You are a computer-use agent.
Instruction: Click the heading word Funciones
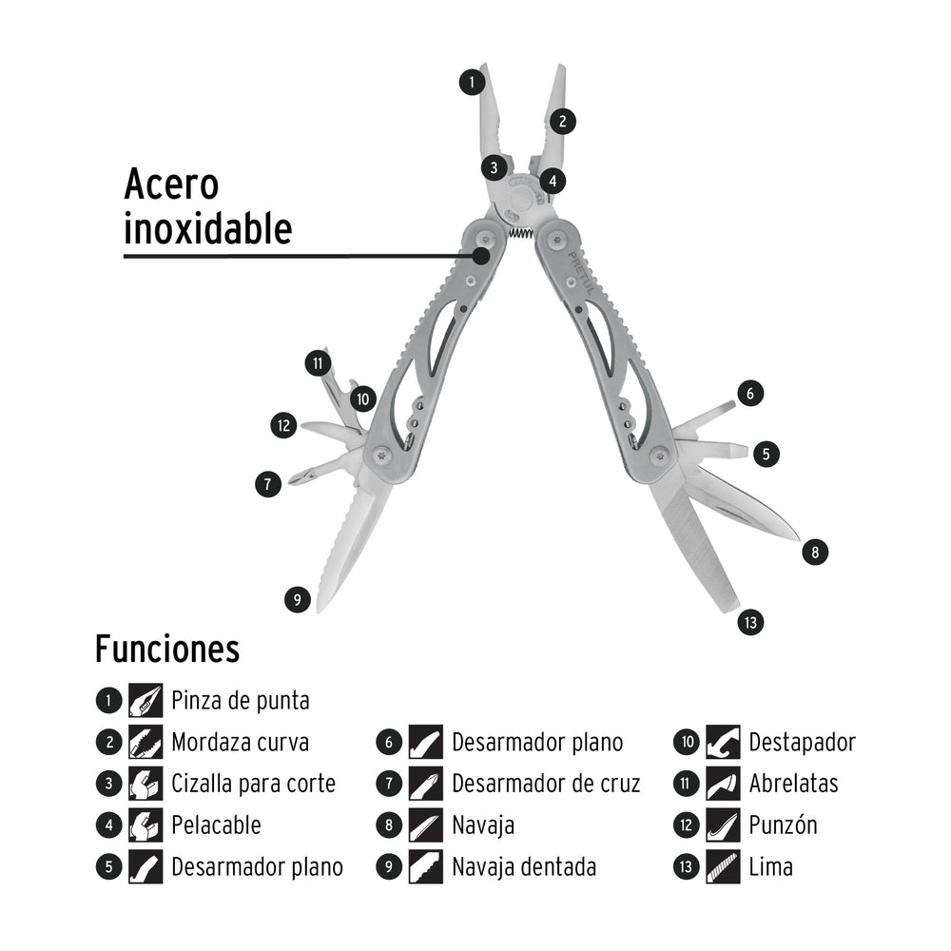(x=166, y=650)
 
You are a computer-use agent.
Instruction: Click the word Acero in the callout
(x=171, y=184)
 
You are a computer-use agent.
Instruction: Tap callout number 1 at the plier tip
(x=471, y=82)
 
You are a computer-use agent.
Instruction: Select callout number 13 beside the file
(x=750, y=623)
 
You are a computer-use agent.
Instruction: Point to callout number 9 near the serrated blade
(x=298, y=599)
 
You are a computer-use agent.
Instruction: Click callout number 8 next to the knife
(x=815, y=551)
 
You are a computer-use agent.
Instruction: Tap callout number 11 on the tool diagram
(x=317, y=362)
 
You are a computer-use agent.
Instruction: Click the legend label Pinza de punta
(x=241, y=702)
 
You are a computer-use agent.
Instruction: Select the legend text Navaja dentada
(x=524, y=867)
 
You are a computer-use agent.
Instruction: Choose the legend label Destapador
(x=802, y=743)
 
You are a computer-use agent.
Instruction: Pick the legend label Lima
(x=770, y=867)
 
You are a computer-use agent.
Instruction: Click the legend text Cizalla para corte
(x=253, y=785)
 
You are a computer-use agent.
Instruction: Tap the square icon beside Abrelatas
(x=723, y=785)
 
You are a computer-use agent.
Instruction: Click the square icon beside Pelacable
(x=146, y=825)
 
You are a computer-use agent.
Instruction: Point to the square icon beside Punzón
(x=723, y=825)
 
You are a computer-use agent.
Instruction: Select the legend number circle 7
(x=389, y=785)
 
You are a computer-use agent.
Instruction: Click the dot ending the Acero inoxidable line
(x=483, y=255)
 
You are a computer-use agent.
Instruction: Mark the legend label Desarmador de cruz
(x=546, y=785)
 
